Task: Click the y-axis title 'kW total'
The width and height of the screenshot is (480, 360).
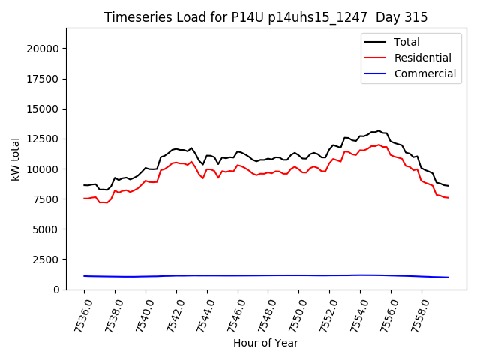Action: [x=15, y=159]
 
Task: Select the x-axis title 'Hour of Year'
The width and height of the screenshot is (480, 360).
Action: [x=265, y=343]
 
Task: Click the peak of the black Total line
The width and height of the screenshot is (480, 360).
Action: [x=379, y=131]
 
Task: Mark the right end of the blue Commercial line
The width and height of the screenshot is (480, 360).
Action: [x=448, y=277]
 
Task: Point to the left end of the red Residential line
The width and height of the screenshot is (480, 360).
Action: [x=84, y=199]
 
